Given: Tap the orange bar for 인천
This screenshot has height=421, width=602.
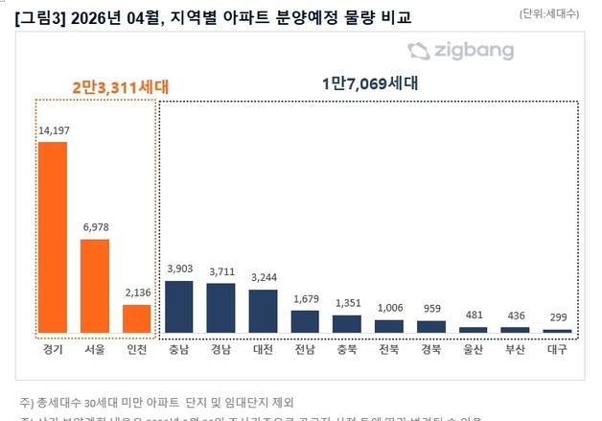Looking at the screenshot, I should (x=137, y=318).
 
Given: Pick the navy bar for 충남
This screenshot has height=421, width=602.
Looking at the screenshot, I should (x=179, y=306).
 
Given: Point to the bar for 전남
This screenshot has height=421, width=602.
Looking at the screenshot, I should (x=305, y=321).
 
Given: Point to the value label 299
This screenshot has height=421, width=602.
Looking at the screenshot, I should (x=557, y=317).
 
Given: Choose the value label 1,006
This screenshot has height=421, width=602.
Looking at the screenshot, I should (x=389, y=308).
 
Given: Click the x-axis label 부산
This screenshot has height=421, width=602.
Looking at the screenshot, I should (x=516, y=349).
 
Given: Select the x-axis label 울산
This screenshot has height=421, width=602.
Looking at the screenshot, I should (x=474, y=349).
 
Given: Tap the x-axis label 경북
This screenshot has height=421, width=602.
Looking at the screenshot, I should (x=431, y=349).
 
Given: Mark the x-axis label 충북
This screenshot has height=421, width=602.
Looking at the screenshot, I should (x=347, y=349).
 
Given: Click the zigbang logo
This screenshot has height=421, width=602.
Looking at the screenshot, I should (x=459, y=52).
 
